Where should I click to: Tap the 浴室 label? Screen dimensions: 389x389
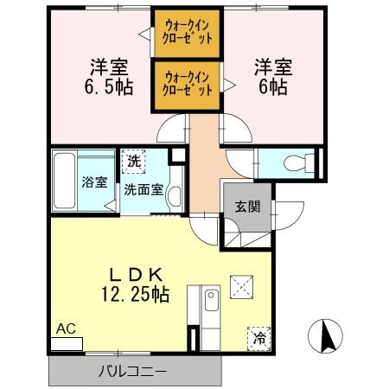tap(95, 182)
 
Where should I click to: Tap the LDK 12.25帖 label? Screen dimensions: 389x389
tap(132, 284)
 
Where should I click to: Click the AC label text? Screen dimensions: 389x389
tap(66, 328)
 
